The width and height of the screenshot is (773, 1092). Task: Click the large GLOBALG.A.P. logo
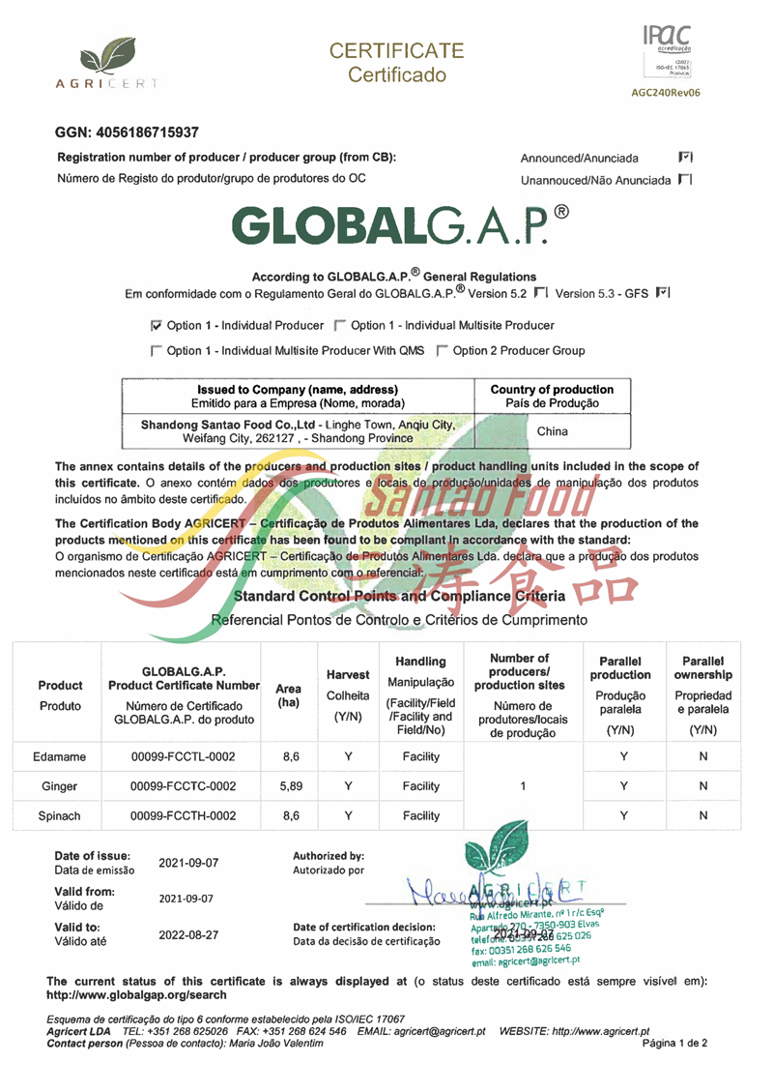pos(406,224)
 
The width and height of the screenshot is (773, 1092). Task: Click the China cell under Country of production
pos(552,430)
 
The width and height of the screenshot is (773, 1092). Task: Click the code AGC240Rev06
pos(665,94)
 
